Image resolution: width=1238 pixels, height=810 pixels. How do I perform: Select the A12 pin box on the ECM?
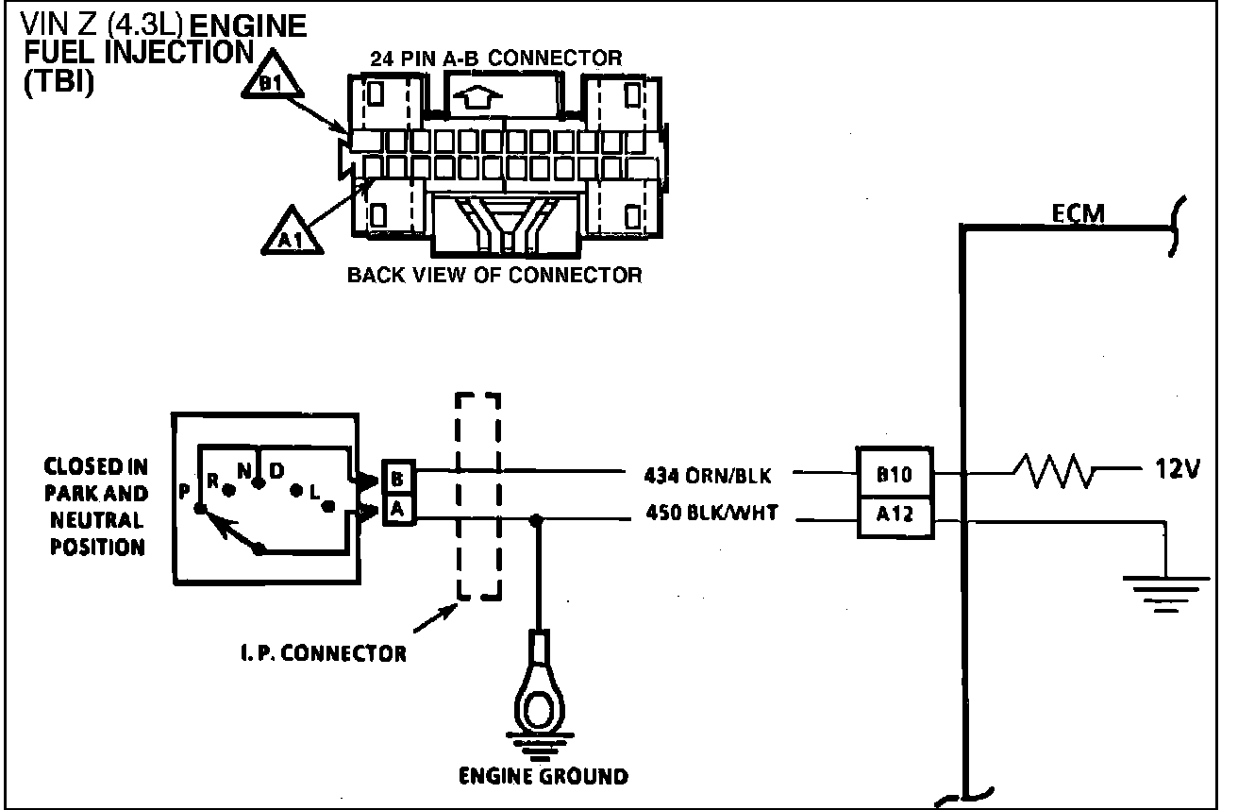895,515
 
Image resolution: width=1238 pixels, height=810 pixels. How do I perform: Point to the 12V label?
1175,469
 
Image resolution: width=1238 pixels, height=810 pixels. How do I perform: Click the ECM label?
1079,216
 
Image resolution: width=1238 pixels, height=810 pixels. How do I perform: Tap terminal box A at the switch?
396,511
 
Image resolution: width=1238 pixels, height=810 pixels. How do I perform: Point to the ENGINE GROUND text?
543,776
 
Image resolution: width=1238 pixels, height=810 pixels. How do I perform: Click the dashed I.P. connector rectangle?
477,497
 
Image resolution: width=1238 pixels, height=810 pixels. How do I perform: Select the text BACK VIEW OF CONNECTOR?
494,276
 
